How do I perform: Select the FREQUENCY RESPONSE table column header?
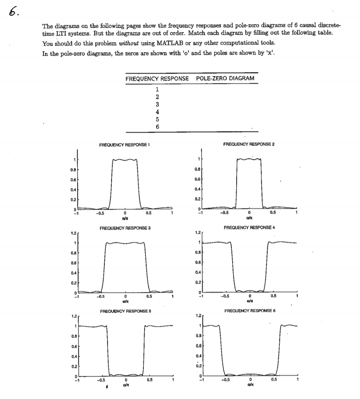click(157, 78)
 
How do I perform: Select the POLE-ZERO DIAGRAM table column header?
click(225, 78)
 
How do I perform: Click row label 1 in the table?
click(158, 90)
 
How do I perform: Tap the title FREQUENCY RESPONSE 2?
click(249, 144)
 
